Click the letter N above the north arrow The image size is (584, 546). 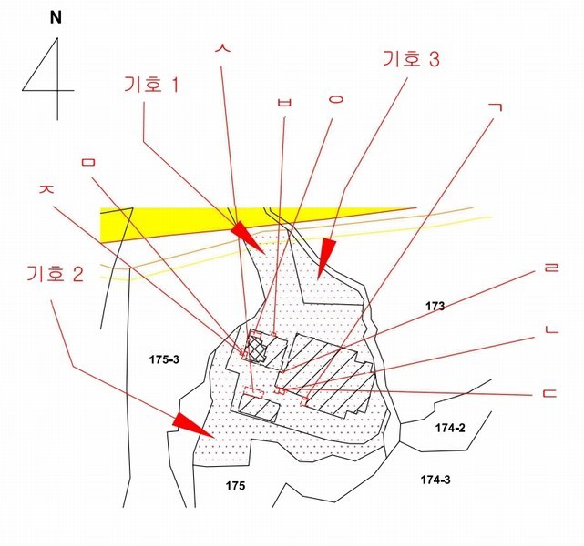(56, 18)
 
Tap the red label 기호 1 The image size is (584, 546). (151, 84)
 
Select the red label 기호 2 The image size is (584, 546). (55, 274)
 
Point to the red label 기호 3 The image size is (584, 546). (411, 59)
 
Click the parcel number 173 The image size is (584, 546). (435, 306)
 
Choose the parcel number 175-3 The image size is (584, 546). (164, 359)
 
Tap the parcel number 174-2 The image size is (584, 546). (450, 428)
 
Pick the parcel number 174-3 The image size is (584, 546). (435, 480)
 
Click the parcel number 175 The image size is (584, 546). (235, 485)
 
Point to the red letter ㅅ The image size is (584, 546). (222, 48)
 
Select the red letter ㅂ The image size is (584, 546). (284, 102)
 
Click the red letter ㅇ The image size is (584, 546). (335, 99)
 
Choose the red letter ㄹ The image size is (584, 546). (551, 268)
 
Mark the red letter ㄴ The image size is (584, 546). (552, 329)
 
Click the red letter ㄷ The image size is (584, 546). (549, 393)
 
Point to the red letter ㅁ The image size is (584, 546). (89, 162)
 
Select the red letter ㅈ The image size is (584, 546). (47, 188)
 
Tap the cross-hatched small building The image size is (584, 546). (256, 349)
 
